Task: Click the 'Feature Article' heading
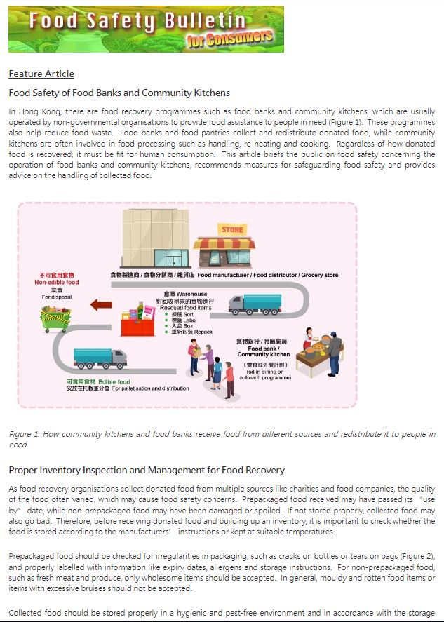coord(41,74)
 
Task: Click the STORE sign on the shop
coord(232,229)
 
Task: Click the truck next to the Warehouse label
coord(254,304)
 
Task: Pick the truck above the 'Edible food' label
coord(99,359)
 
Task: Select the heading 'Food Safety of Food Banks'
coord(119,93)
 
